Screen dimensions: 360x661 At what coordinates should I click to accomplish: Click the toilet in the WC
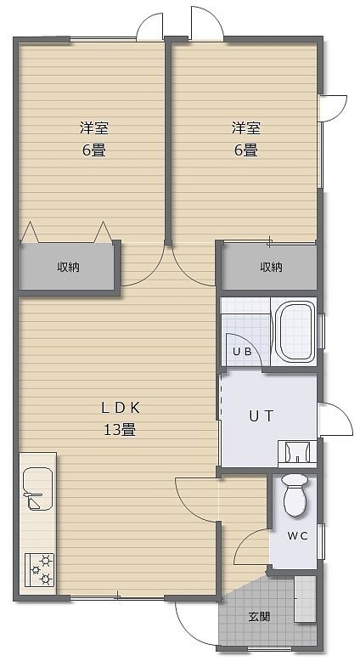click(296, 495)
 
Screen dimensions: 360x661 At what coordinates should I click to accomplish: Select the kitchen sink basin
click(38, 489)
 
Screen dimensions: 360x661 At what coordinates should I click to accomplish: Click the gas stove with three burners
click(39, 569)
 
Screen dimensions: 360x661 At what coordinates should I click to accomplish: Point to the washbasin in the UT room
click(297, 453)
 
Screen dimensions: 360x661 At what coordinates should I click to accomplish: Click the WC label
click(298, 536)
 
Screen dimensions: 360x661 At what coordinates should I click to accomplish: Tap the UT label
click(261, 416)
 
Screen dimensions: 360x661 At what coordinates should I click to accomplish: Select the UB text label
click(242, 351)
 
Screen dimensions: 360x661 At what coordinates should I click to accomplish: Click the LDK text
click(120, 407)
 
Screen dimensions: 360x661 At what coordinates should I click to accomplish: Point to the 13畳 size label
click(120, 430)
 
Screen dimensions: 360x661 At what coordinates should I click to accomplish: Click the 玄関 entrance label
click(258, 617)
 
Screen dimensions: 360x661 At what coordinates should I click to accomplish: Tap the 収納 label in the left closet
click(69, 267)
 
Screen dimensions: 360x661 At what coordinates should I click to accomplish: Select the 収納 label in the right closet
click(271, 267)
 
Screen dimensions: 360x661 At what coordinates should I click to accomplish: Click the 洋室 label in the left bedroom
click(94, 127)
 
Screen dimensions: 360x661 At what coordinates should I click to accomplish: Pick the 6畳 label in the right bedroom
click(246, 150)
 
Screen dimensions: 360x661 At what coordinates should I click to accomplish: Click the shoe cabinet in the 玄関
click(305, 599)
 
